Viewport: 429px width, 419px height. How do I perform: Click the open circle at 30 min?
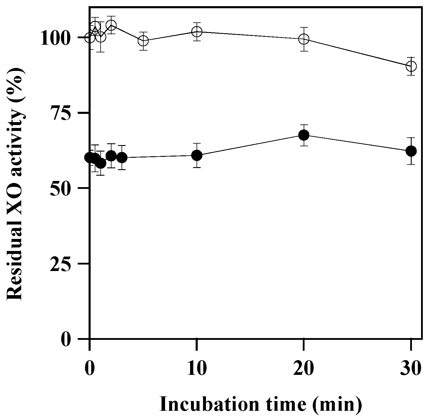411,66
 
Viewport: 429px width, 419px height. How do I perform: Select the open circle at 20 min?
304,39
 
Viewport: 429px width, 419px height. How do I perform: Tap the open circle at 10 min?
197,31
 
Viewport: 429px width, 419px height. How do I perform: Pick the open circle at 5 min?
143,41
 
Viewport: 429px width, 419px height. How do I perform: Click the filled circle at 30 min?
411,151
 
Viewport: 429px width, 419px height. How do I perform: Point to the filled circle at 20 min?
304,135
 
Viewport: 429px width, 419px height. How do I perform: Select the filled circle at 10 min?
197,155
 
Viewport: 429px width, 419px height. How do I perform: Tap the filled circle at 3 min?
122,158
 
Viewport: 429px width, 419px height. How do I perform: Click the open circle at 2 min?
111,25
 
